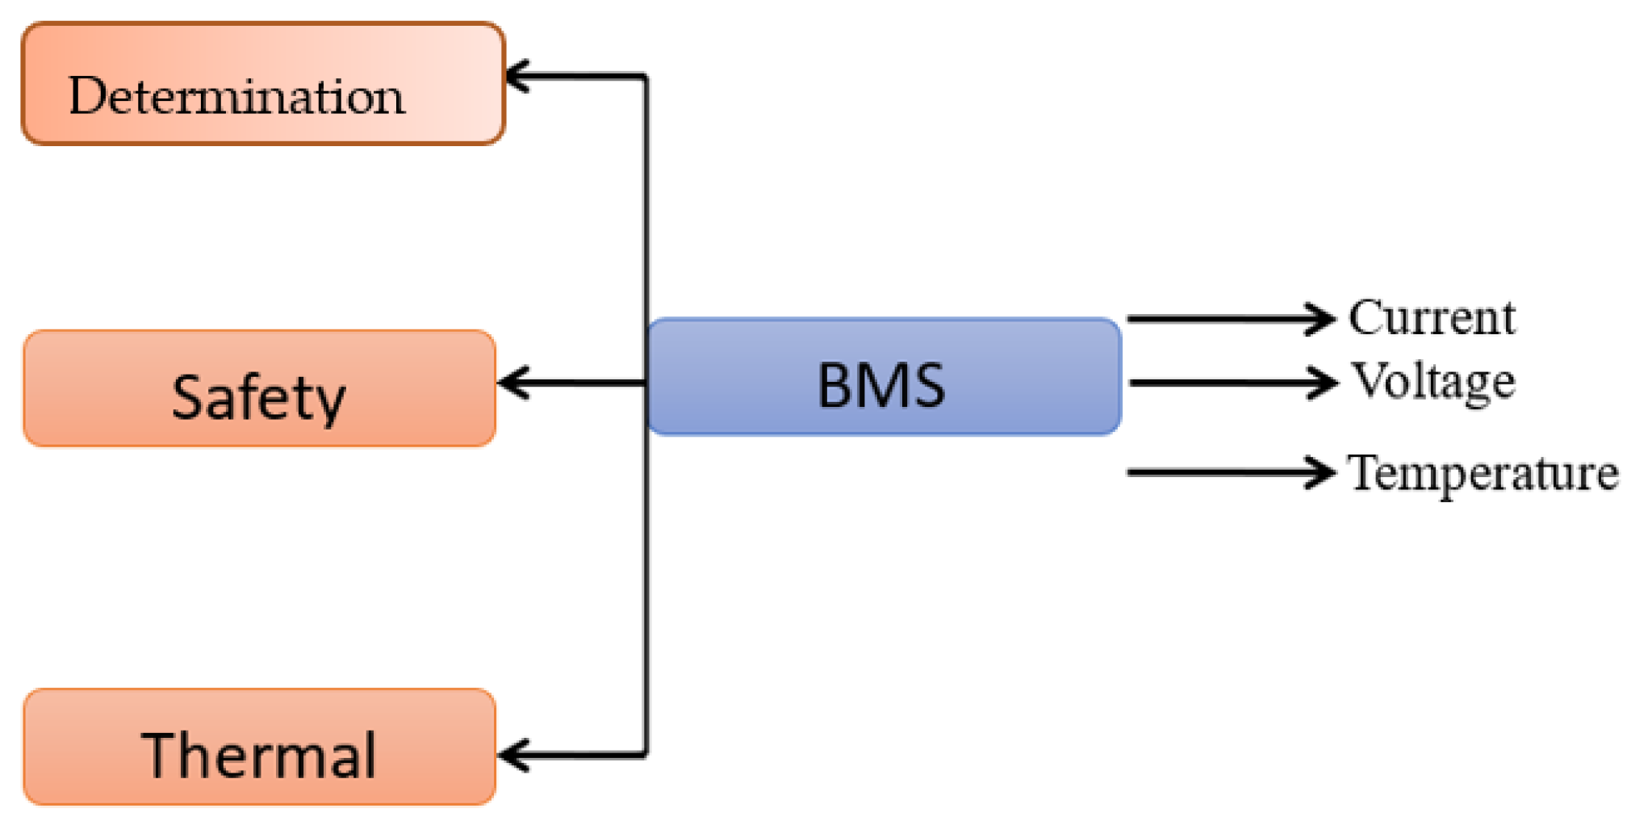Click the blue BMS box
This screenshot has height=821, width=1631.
(884, 377)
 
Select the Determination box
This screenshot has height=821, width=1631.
(263, 84)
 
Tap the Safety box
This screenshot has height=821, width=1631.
(259, 388)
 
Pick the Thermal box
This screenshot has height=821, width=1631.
(259, 747)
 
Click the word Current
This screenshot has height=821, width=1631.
(1432, 317)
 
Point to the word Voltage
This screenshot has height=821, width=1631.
(1433, 381)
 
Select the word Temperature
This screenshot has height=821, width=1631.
(1483, 473)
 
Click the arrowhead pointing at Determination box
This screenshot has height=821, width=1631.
(516, 77)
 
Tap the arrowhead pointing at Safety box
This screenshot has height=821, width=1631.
(510, 383)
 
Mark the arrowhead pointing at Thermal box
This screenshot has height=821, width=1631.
(510, 756)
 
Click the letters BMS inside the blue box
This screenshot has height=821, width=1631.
(881, 386)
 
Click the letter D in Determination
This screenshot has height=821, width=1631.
(86, 96)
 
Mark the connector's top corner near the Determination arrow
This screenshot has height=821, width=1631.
(646, 77)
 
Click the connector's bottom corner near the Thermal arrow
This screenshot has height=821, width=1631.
(646, 755)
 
